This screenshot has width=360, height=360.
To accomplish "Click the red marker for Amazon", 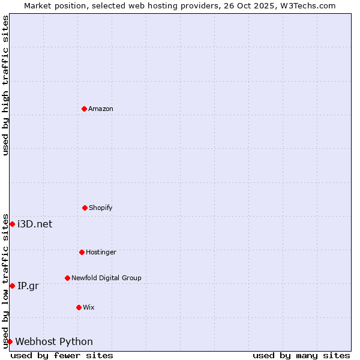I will [x=84, y=109].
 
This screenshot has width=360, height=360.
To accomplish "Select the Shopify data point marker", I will [x=85, y=208].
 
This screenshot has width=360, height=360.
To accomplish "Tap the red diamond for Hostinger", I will [x=82, y=252].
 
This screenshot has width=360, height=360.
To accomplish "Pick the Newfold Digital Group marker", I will [x=67, y=278].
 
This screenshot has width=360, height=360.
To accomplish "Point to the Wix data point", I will [x=79, y=307].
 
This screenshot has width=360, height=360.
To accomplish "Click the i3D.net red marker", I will [x=12, y=224].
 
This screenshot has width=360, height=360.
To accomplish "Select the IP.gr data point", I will [x=12, y=286].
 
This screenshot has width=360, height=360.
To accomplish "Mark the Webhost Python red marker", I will [x=10, y=341].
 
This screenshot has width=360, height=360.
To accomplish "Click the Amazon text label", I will [x=101, y=109].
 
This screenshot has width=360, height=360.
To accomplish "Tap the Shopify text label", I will [x=101, y=208].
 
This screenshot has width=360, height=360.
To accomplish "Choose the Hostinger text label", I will [x=101, y=252].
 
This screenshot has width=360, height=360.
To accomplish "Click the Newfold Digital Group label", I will [x=106, y=278].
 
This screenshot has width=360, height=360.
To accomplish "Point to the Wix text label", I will [x=89, y=307].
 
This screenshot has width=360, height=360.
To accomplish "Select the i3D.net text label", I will [x=35, y=224].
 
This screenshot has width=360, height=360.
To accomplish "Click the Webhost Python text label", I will [x=54, y=341].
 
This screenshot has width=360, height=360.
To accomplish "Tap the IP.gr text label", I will [x=28, y=286].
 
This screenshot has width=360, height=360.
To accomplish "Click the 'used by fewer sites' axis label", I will [x=62, y=355].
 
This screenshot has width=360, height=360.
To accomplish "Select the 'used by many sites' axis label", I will [x=301, y=355].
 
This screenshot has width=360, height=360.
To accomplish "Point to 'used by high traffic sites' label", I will [x=5, y=85].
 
